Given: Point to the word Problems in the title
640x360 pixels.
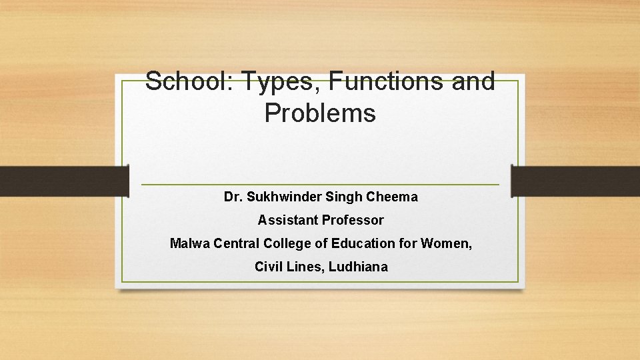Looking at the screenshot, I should [x=320, y=113].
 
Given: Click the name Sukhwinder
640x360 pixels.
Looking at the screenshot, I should [x=284, y=197].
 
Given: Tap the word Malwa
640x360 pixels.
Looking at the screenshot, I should [x=189, y=243].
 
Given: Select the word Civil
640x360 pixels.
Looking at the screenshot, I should [x=268, y=267].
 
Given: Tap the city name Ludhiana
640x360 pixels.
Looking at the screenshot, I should [x=358, y=267].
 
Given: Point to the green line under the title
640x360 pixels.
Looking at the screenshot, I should [x=320, y=185].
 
